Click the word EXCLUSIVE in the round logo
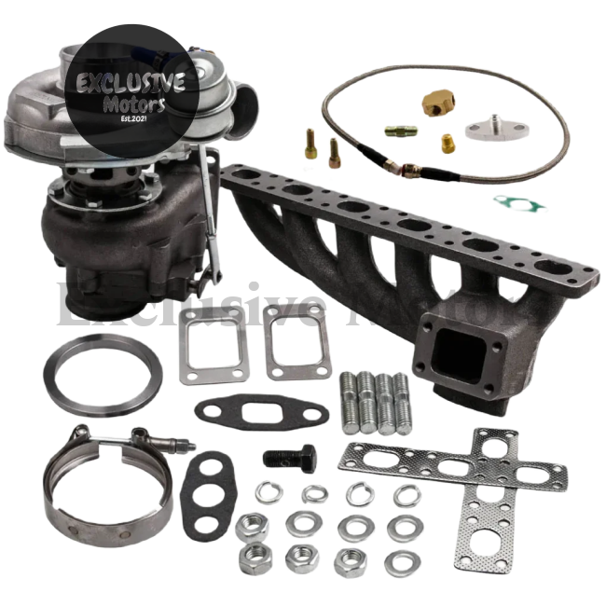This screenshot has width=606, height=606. (131, 83)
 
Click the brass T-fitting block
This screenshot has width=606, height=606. (439, 99)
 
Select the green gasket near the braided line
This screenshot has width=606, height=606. (520, 203)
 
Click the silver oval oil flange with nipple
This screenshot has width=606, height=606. (497, 127)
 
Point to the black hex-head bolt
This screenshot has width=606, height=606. (290, 457)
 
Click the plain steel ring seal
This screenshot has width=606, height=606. (103, 376)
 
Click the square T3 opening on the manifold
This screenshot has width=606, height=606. (459, 354)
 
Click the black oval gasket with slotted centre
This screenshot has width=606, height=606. (262, 412)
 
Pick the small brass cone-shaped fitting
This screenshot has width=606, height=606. (448, 144)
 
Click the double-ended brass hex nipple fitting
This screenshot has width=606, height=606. (401, 131)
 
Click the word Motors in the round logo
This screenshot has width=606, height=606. (135, 103)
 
